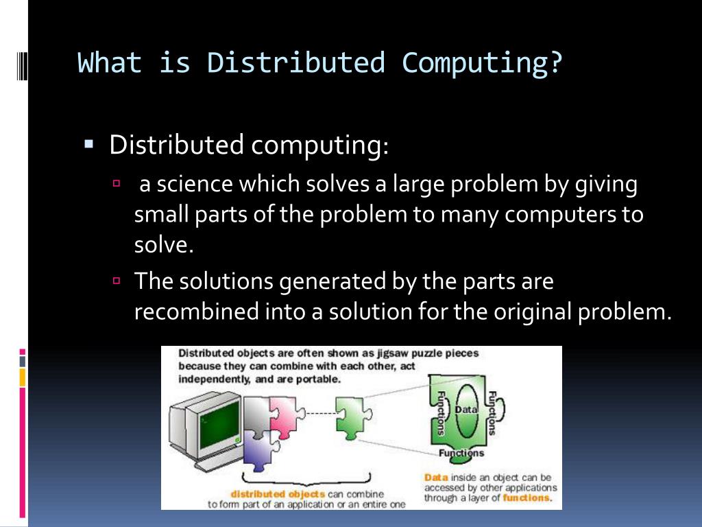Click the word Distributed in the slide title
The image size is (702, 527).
coord(295,62)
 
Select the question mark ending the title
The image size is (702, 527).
coord(555,62)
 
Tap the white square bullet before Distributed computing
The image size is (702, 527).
coord(88,145)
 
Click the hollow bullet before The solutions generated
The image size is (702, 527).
coord(117,280)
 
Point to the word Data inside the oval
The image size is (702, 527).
coord(465,410)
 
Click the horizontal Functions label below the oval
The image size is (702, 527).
coord(461,453)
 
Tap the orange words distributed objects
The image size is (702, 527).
coord(268,493)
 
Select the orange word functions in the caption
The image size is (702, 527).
coord(526,498)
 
